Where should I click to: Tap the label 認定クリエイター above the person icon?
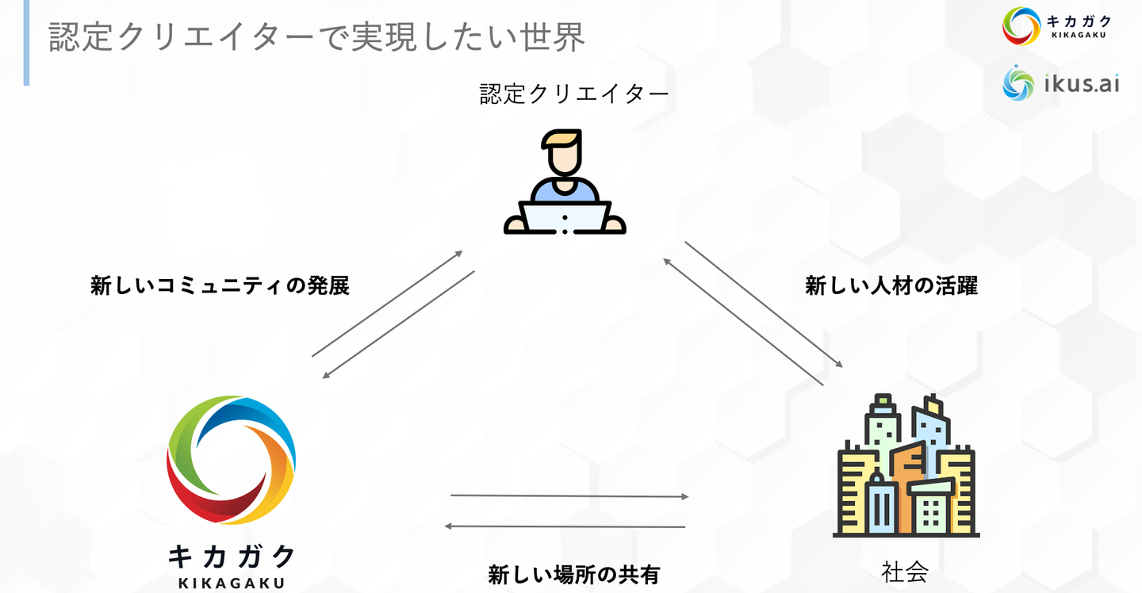coord(574,95)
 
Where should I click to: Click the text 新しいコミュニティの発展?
coord(220,285)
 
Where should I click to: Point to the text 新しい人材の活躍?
coord(891,285)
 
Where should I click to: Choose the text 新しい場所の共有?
coord(573,574)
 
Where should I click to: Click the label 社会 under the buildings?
coord(904,572)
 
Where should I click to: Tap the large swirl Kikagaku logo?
coord(231,460)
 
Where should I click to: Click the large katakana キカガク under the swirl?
coord(231,556)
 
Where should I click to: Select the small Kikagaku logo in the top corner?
coord(1020,26)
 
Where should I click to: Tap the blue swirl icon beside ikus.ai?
coord(1018,83)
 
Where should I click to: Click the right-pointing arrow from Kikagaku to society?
coord(569,496)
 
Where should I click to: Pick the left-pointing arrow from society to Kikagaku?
coord(565,526)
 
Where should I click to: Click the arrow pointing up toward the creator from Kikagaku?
coord(387,304)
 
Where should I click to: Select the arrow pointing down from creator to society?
coord(764,304)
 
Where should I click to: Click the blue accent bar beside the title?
coord(26,43)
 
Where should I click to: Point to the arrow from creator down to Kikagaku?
coord(398,324)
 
